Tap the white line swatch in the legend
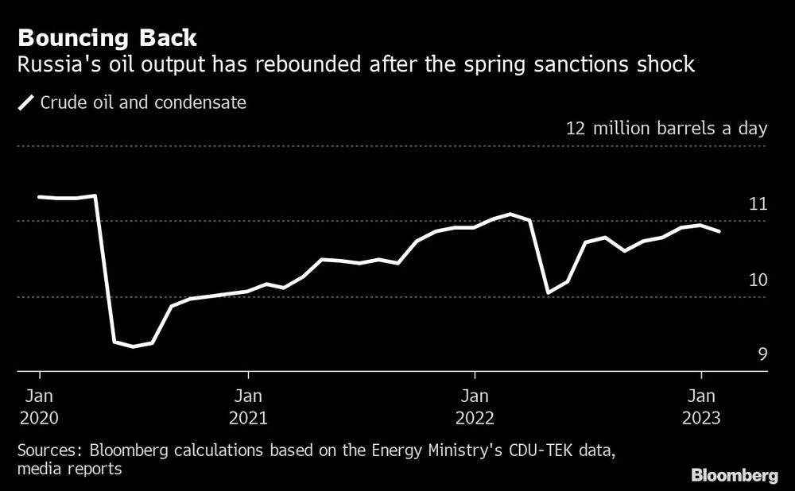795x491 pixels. tap(26, 102)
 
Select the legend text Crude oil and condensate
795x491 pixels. tap(142, 102)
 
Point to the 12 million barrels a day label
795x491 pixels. tap(666, 129)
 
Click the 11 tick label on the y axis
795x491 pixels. tap(758, 204)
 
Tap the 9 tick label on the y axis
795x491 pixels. tap(762, 354)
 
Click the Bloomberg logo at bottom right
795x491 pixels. tap(735, 476)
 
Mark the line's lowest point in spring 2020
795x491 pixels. tap(134, 346)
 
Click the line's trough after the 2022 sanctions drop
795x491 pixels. tap(549, 292)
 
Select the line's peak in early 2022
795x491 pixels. tap(511, 214)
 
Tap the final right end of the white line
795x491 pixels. tap(719, 231)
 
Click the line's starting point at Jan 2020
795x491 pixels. tap(40, 196)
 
